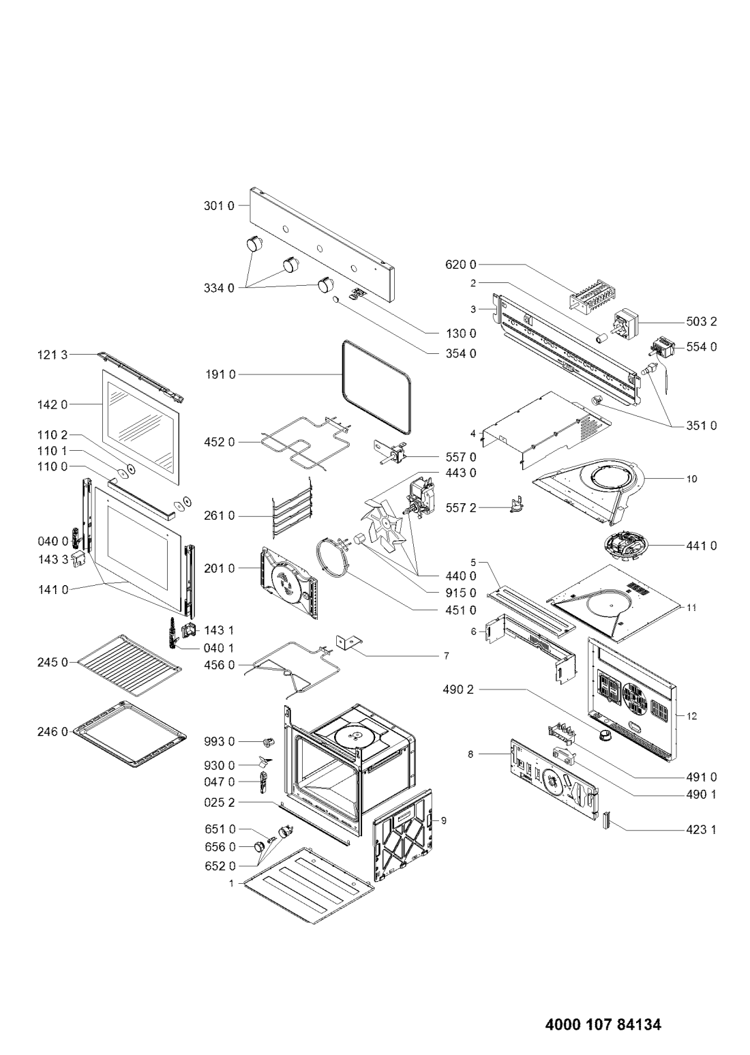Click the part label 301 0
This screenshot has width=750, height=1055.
point(219,206)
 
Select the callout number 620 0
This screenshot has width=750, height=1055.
point(461,265)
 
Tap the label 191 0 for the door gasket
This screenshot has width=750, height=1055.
point(220,375)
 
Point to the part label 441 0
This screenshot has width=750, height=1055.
point(701,546)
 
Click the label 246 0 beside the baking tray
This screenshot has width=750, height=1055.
point(52,732)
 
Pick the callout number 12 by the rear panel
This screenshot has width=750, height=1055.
point(691,716)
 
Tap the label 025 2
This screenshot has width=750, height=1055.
point(220,802)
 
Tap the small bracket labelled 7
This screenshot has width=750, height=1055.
point(348,642)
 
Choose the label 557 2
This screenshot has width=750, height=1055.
point(461,507)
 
